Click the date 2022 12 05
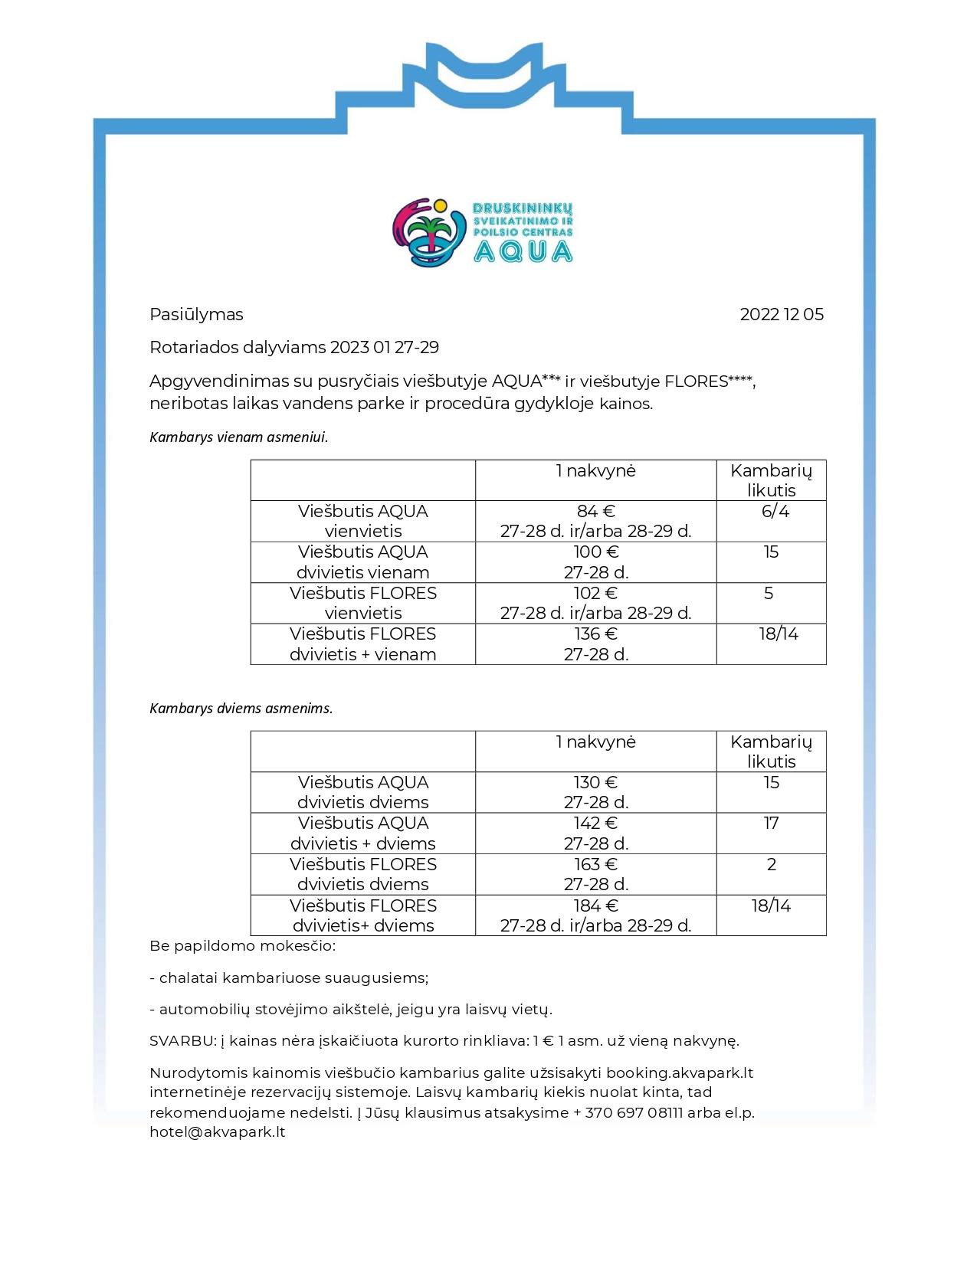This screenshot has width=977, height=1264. [x=782, y=315]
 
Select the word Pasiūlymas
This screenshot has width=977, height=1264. [x=196, y=315]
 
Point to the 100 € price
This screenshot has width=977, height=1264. [x=596, y=552]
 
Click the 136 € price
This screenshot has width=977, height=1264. [x=596, y=634]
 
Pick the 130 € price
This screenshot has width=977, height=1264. [x=596, y=783]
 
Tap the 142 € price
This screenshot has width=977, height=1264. [x=596, y=824]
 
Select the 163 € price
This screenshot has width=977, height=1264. [x=596, y=865]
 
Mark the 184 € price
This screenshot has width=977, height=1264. [x=596, y=906]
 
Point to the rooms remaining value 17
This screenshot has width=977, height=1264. [x=771, y=824]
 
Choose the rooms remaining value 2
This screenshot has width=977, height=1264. [x=771, y=865]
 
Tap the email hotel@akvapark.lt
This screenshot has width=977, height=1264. [x=218, y=1132]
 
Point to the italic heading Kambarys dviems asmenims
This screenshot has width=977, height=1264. [x=241, y=709]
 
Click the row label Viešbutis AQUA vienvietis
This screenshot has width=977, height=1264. [x=363, y=521]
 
